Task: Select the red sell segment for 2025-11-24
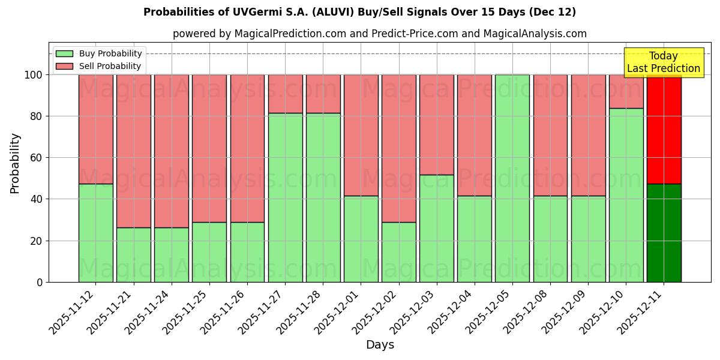pos(172,151)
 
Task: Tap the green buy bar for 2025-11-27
pos(285,197)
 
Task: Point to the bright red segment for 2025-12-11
pos(664,129)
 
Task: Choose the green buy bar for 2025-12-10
pos(626,195)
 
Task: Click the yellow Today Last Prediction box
pos(663,62)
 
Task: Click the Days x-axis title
pos(380,345)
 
